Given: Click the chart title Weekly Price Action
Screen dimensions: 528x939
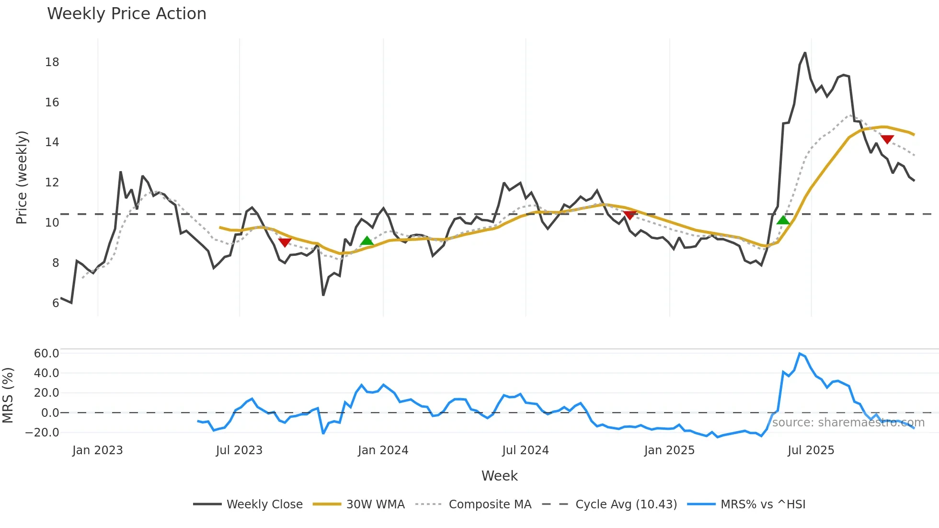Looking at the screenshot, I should (126, 14).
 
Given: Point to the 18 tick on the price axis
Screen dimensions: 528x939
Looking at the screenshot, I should (52, 62).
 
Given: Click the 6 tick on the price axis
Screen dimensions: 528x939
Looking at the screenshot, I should (56, 303).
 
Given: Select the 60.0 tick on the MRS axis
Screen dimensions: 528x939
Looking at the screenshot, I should (46, 354).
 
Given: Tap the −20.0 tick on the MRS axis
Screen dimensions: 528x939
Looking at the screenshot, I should (43, 433).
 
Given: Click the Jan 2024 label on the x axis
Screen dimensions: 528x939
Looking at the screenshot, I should (383, 450).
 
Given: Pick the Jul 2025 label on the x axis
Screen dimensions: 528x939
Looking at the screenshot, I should (811, 450).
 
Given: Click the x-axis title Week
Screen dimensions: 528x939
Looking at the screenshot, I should (499, 476).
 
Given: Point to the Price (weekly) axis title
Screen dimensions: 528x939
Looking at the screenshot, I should (22, 177).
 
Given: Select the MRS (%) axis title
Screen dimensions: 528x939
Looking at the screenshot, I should (8, 395).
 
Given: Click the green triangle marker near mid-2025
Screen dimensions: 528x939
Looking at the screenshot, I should (783, 220).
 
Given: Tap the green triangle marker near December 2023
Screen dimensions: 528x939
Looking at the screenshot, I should (367, 241).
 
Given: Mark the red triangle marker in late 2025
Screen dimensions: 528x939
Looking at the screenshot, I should (887, 139).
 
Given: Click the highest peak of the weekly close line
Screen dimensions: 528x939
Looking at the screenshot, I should (805, 53).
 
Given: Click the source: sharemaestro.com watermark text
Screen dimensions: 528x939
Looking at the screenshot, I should (848, 423).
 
